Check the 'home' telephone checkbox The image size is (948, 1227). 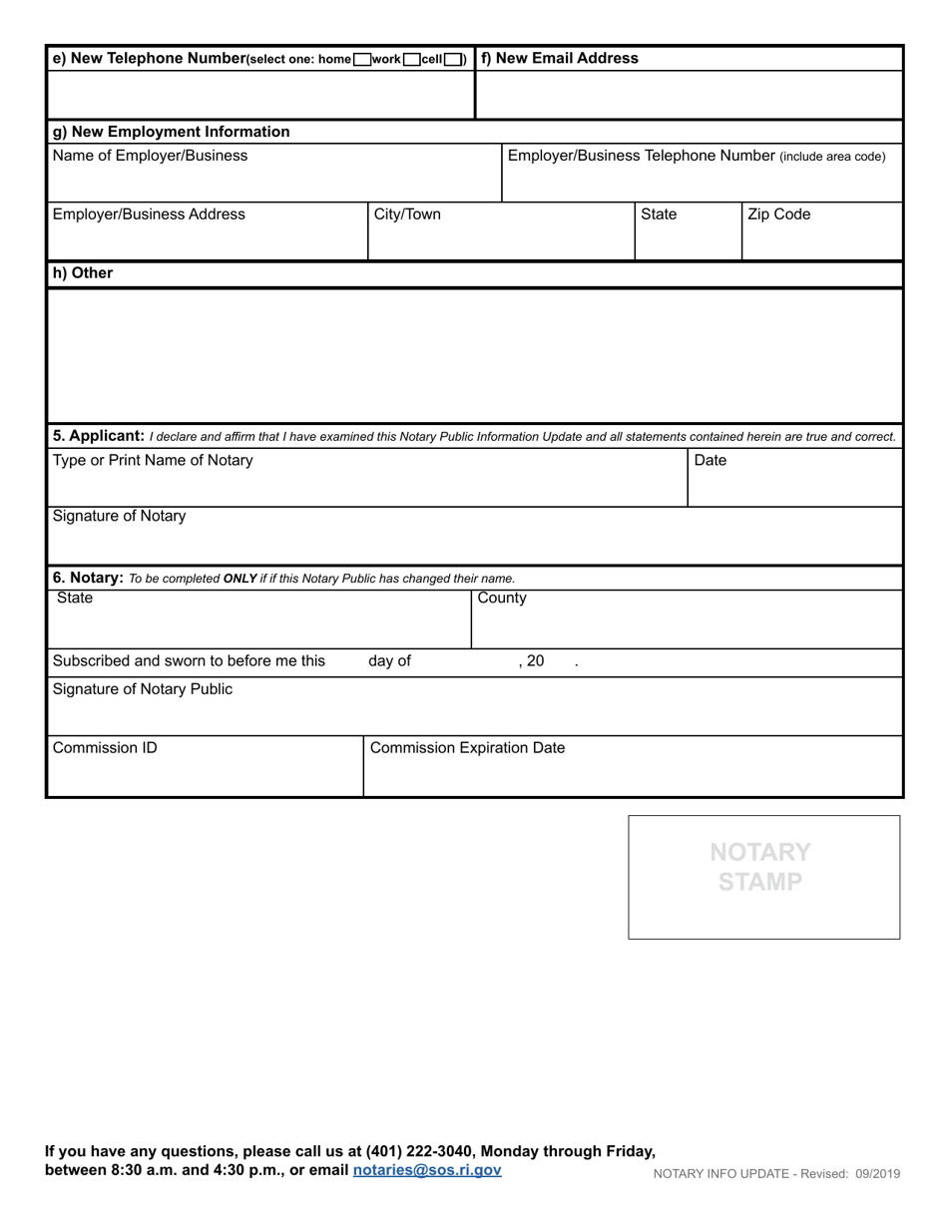[362, 60]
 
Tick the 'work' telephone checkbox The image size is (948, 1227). [412, 60]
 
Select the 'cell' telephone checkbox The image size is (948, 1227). [453, 60]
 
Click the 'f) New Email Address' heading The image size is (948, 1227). [560, 58]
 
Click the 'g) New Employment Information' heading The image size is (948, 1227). [171, 132]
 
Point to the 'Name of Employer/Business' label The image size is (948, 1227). [150, 156]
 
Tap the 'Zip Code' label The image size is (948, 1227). [779, 214]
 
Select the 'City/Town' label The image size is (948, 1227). [406, 214]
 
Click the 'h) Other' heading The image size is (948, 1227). [83, 273]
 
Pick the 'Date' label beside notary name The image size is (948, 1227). [711, 461]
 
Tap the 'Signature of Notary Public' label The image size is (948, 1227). [143, 689]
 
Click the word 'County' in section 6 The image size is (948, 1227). [502, 599]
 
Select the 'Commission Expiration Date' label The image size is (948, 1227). [467, 748]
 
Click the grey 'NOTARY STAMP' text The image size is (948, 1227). [760, 867]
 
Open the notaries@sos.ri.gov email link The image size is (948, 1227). [427, 1170]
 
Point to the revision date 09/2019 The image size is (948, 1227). [877, 1174]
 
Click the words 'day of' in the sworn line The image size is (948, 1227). [389, 661]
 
